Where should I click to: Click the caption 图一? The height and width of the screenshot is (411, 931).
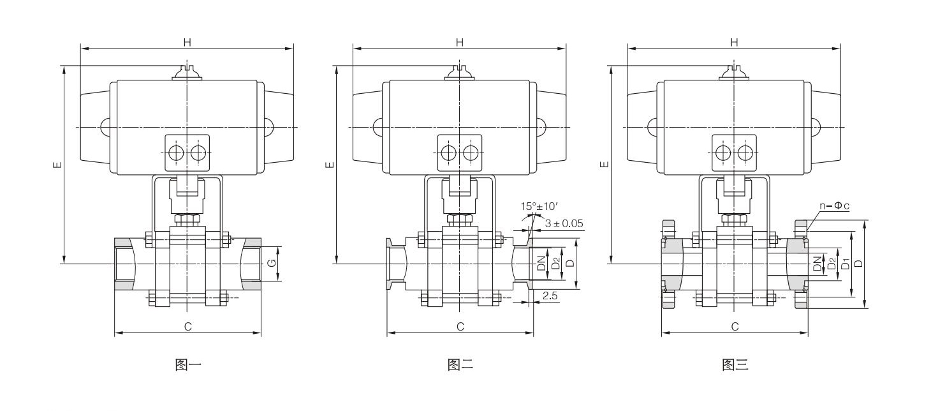point(188,365)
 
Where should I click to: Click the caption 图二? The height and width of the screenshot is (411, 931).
point(460,365)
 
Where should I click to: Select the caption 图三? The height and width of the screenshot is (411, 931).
point(735,365)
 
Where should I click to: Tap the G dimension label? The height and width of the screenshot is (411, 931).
point(272,263)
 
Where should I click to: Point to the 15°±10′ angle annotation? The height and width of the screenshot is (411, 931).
point(539,206)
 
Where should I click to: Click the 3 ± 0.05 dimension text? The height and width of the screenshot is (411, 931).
point(564,223)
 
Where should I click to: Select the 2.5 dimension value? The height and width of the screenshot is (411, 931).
point(550,295)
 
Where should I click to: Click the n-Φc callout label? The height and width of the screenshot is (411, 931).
point(835,205)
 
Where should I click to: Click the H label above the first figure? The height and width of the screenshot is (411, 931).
point(187,42)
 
